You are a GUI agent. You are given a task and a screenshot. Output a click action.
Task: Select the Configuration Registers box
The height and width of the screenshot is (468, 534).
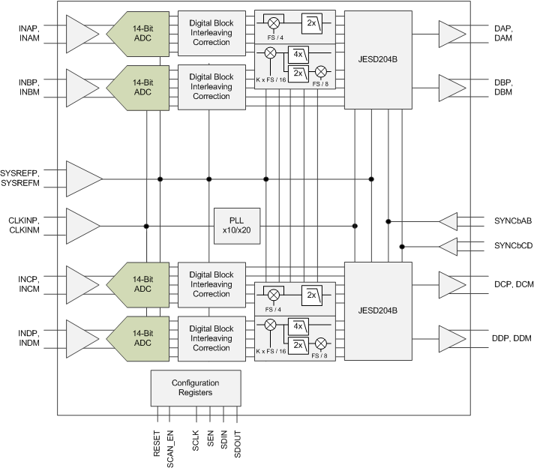click(196, 387)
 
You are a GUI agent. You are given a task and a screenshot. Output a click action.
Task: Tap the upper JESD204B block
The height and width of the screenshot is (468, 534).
click(378, 60)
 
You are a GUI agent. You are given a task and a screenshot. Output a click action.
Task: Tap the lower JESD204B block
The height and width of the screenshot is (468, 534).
click(378, 310)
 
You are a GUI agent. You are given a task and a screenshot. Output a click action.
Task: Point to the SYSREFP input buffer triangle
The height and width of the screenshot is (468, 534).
click(82, 178)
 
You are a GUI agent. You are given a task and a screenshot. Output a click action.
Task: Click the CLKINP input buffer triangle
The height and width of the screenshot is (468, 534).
click(82, 226)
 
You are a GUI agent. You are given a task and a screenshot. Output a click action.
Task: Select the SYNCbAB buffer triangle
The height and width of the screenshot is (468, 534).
click(448, 221)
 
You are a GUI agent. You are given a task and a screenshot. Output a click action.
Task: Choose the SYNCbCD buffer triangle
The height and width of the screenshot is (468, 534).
click(448, 246)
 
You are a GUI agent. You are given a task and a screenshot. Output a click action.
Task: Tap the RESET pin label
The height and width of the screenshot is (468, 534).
click(157, 443)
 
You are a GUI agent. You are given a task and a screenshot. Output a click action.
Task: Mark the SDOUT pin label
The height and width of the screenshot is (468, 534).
click(238, 443)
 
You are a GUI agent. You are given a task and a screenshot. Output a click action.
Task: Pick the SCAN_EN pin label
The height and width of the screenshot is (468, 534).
click(170, 447)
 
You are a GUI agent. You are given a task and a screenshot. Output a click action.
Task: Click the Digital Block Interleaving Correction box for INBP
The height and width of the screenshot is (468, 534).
click(211, 86)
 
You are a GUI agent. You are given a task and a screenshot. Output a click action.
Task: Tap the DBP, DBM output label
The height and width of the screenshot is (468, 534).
click(503, 87)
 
